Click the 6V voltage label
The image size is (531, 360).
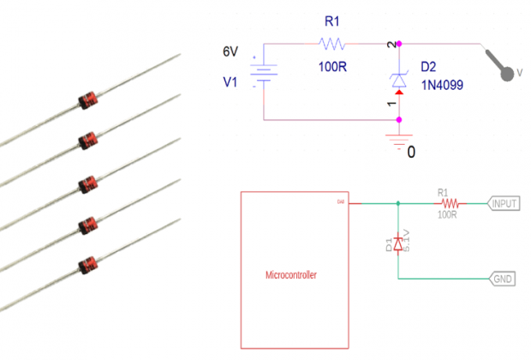230,51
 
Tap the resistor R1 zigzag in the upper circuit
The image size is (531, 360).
331,43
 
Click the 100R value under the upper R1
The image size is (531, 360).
331,67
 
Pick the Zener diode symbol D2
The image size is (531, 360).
399,81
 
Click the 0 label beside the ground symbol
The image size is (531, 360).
411,153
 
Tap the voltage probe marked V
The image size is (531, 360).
505,69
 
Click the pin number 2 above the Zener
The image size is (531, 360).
392,44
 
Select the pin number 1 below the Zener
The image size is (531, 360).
392,105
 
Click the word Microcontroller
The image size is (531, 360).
293,275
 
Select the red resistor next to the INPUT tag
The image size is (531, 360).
449,204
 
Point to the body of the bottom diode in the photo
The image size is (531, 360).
87,263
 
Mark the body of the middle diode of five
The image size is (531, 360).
87,183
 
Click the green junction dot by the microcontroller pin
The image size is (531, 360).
399,204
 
